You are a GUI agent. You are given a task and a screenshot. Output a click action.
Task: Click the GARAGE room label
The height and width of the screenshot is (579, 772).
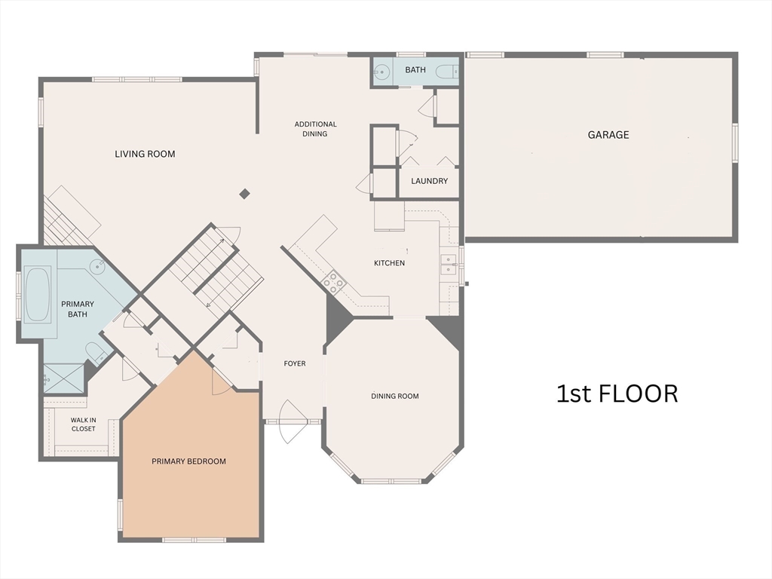[608, 135]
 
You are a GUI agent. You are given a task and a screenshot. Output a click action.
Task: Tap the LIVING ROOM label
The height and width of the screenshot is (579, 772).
[145, 154]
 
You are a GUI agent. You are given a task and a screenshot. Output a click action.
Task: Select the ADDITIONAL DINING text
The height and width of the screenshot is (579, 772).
[315, 129]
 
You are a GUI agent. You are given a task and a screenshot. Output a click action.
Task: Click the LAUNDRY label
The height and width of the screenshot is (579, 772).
[429, 181]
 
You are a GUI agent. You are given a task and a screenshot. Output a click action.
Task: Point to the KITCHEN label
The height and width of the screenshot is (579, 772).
[389, 263]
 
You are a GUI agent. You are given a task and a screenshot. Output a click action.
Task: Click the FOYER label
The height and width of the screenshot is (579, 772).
[294, 363]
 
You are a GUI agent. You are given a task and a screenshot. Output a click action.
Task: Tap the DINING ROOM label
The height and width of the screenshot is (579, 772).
[394, 396]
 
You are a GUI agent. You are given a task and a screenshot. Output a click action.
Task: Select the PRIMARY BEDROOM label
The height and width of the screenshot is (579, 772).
[188, 461]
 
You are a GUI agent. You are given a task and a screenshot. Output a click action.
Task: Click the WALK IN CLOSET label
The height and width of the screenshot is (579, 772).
[83, 424]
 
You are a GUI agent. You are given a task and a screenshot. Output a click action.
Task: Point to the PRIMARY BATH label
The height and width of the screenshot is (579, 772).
[78, 308]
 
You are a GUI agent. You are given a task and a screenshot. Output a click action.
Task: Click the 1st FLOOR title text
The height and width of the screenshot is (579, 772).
[617, 394]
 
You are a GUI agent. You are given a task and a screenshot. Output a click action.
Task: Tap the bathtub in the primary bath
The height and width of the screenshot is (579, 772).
[38, 293]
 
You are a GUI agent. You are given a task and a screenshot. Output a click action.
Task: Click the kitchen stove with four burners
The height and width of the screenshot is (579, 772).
[333, 283]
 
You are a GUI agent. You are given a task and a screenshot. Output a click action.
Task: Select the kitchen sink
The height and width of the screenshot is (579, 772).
[449, 263]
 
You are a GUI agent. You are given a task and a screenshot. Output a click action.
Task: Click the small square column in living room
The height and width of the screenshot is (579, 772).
[244, 194]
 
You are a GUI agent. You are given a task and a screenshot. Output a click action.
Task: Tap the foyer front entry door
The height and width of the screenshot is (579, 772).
[293, 422]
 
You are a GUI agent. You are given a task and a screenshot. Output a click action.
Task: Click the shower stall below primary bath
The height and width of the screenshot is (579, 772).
[63, 379]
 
